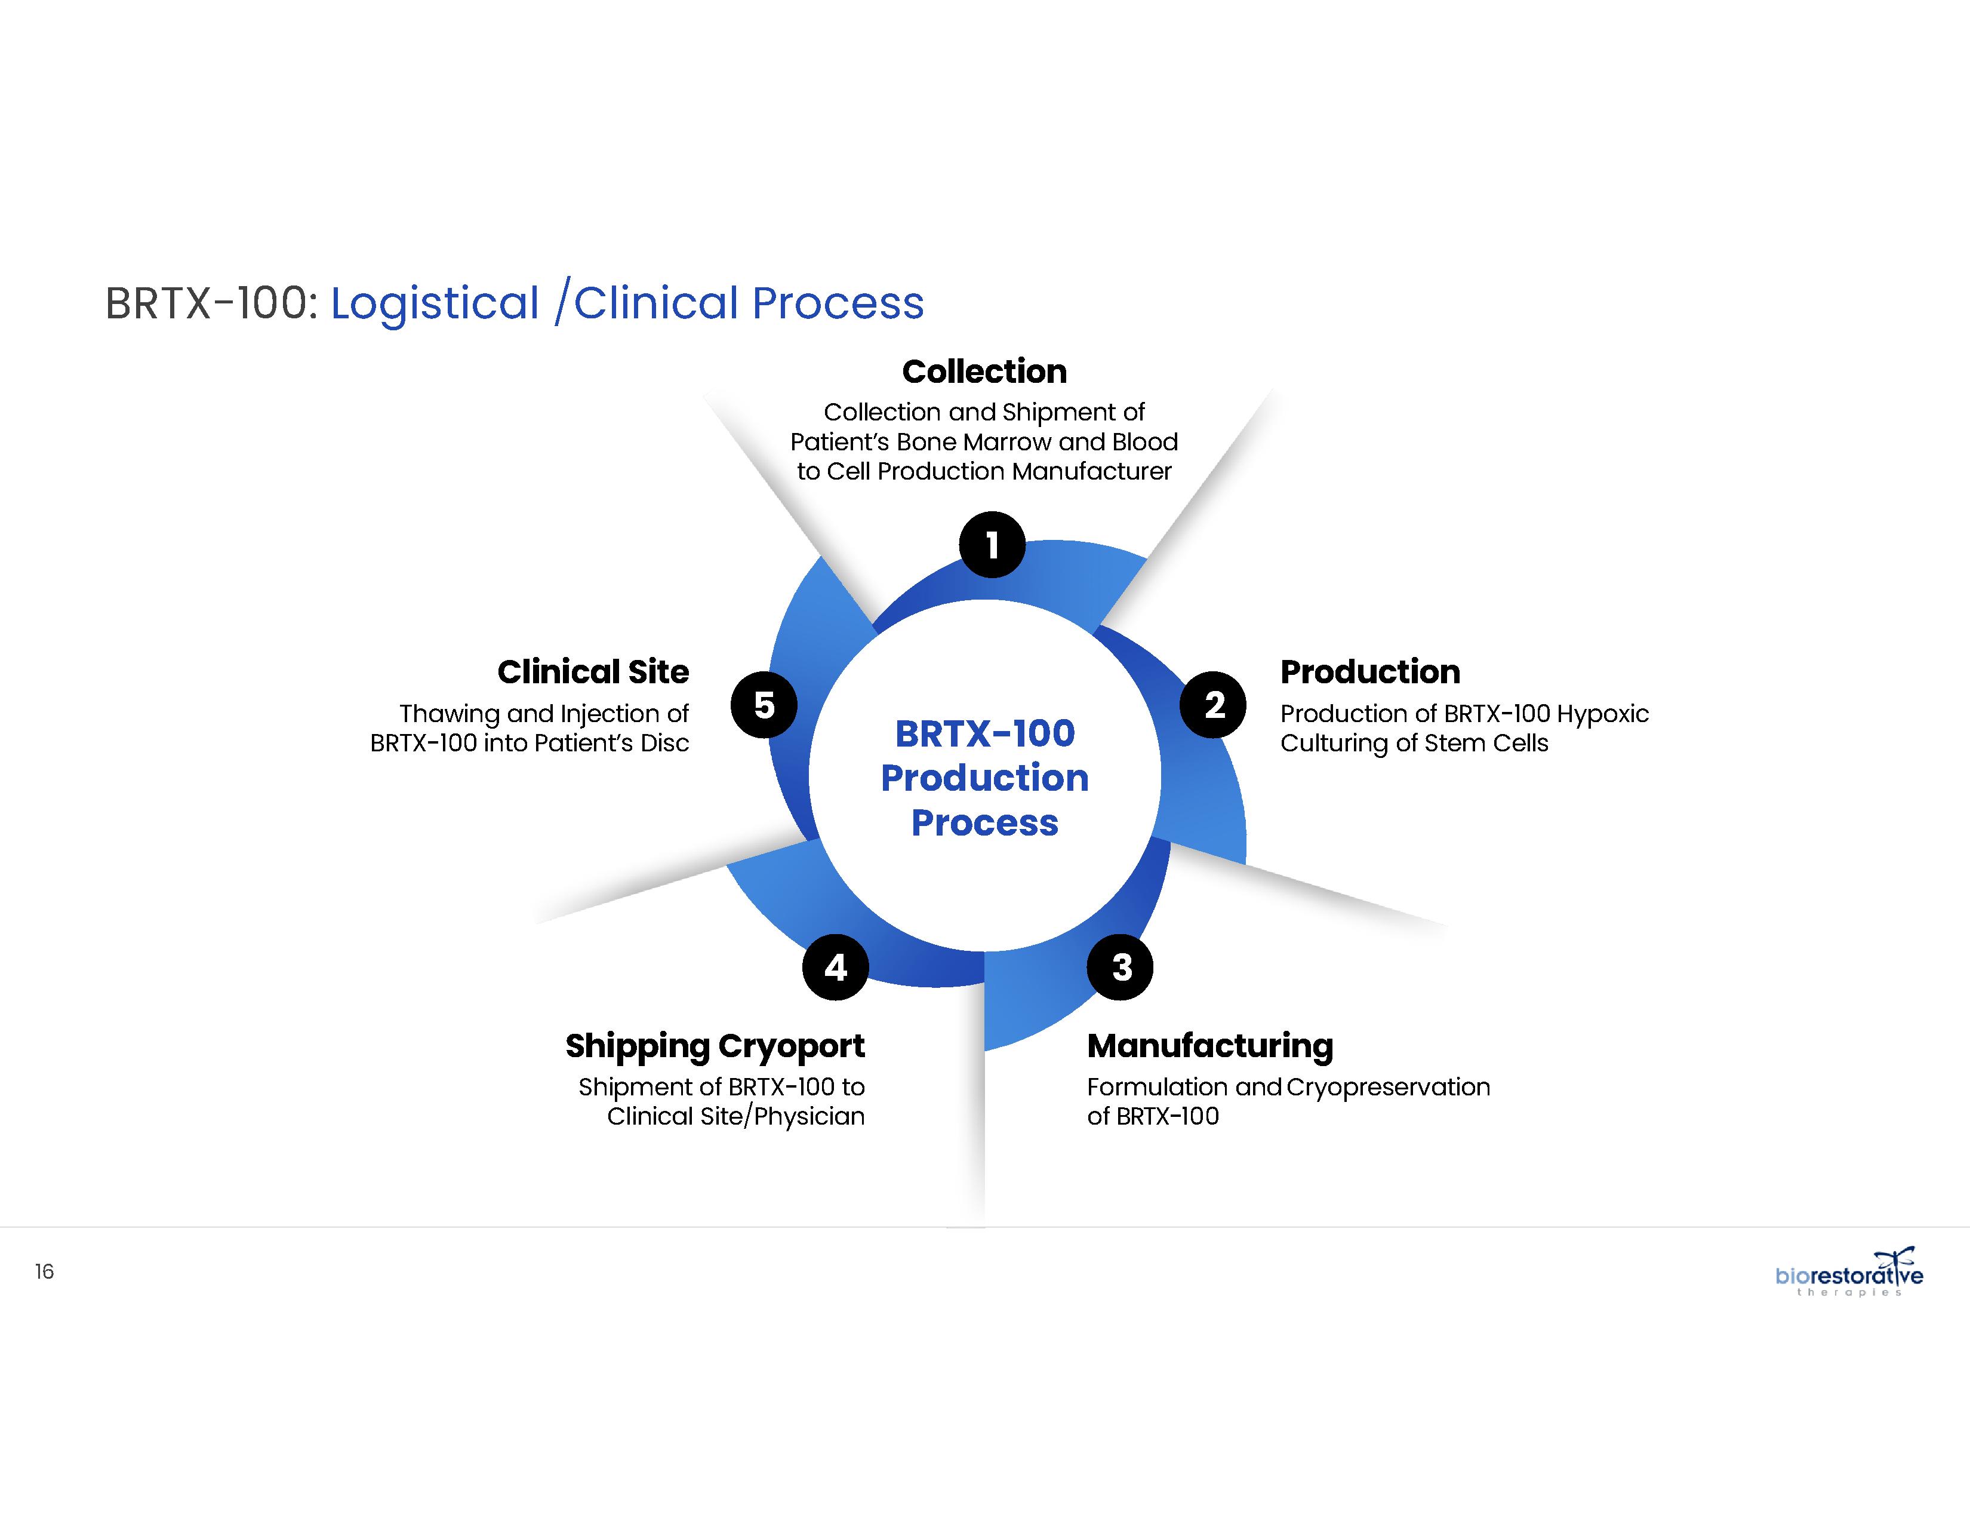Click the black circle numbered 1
[992, 545]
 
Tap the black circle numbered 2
[1213, 705]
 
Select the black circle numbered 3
[1121, 967]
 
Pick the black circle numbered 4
[835, 967]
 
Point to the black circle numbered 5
[764, 705]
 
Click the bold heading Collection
[984, 371]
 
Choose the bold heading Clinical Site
[593, 672]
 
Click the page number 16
[44, 1272]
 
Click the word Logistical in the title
[435, 303]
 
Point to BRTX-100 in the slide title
[210, 303]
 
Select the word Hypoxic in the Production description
[1603, 714]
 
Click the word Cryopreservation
[1388, 1087]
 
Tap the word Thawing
[449, 714]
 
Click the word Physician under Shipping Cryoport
[809, 1117]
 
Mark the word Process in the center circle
[984, 823]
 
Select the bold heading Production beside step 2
[1369, 672]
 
